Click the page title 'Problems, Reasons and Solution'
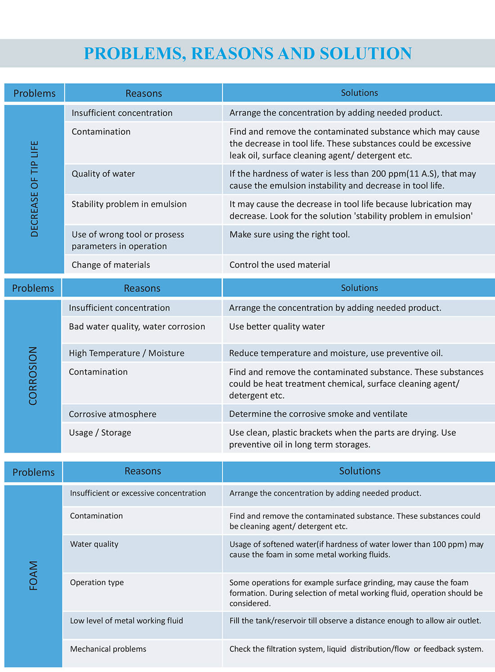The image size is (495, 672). pyautogui.click(x=247, y=53)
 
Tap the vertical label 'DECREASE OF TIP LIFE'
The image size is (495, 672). pyautogui.click(x=35, y=189)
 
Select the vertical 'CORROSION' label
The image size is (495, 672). pyautogui.click(x=33, y=376)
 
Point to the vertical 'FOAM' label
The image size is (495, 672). pyautogui.click(x=34, y=575)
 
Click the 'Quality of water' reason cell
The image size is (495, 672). pyautogui.click(x=103, y=174)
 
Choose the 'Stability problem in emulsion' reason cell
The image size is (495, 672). pyautogui.click(x=129, y=204)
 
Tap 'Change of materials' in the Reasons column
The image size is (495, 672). pyautogui.click(x=111, y=265)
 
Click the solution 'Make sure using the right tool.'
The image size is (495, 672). pyautogui.click(x=289, y=234)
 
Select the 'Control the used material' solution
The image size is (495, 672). pyautogui.click(x=279, y=265)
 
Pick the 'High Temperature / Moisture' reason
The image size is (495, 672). pyautogui.click(x=126, y=353)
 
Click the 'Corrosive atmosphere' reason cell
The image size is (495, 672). pyautogui.click(x=112, y=414)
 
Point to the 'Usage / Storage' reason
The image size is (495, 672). pyautogui.click(x=100, y=432)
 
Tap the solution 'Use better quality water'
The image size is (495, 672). pyautogui.click(x=277, y=327)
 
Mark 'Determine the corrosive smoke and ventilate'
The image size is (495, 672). pyautogui.click(x=318, y=413)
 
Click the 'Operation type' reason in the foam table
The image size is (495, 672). pyautogui.click(x=97, y=582)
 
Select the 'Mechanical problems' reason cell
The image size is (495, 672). pyautogui.click(x=108, y=649)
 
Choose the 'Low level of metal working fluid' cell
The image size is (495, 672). pyautogui.click(x=126, y=621)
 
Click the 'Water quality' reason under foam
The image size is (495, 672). pyautogui.click(x=94, y=544)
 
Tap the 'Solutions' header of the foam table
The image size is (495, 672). pyautogui.click(x=360, y=471)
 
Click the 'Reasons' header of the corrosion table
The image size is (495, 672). pyautogui.click(x=142, y=288)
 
